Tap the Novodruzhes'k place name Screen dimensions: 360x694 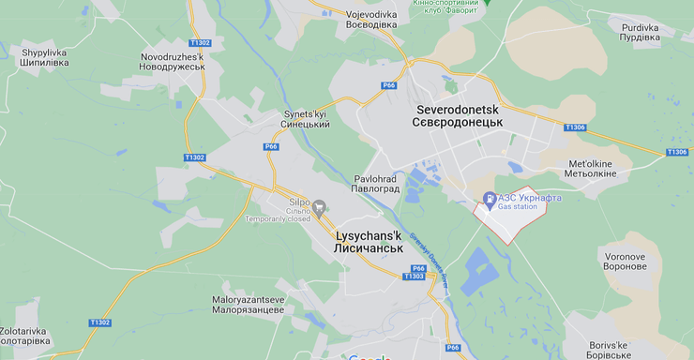coord(172,62)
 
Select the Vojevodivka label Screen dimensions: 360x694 coord(358,20)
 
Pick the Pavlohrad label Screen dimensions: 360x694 coord(377,183)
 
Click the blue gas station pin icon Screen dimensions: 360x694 coord(489,199)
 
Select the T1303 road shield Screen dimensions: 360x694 coord(413,277)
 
